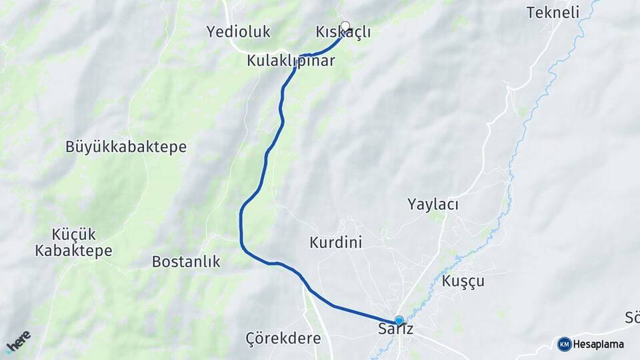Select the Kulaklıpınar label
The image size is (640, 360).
(x=291, y=61)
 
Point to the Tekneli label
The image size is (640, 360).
(x=553, y=12)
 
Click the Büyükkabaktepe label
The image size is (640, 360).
(x=126, y=147)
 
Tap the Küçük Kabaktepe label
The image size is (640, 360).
(x=74, y=243)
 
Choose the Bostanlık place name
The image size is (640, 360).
(x=186, y=261)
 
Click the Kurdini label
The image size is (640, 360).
(x=336, y=243)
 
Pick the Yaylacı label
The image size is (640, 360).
(x=433, y=205)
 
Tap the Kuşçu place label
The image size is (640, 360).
(x=463, y=281)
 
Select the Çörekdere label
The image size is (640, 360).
(x=283, y=338)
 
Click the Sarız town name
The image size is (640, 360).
(x=396, y=330)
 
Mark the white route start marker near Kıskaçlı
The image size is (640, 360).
(x=345, y=26)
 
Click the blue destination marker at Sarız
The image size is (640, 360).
(x=399, y=320)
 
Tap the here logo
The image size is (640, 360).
(x=19, y=341)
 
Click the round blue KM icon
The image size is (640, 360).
(x=565, y=344)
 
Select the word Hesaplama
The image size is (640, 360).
(x=599, y=344)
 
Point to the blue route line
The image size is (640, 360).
(x=241, y=227)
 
